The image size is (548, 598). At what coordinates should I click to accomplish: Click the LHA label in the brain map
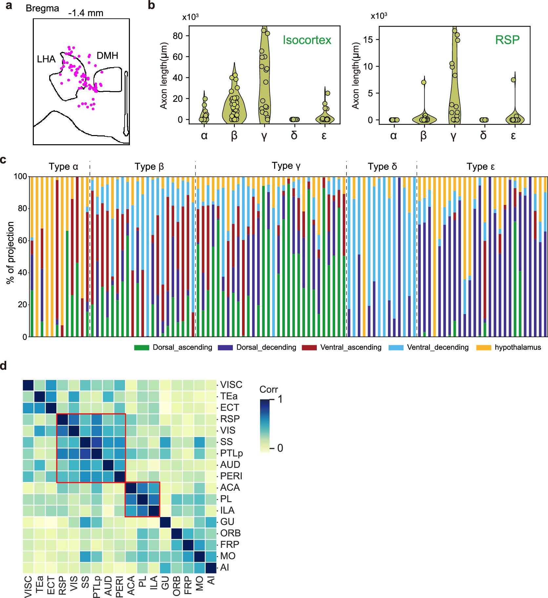click(x=46, y=59)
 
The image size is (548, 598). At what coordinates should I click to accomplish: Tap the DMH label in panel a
click(x=107, y=55)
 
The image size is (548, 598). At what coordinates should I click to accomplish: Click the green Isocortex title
click(x=307, y=40)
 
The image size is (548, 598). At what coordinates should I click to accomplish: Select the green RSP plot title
click(x=507, y=40)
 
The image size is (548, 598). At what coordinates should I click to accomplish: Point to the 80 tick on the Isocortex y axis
click(x=177, y=36)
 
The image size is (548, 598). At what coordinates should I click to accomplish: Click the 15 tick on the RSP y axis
click(x=369, y=40)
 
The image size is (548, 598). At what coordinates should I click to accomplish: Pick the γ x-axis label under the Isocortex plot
click(x=264, y=135)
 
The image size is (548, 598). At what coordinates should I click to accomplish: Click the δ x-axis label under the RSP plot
click(x=483, y=135)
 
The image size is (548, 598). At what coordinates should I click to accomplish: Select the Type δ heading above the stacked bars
click(x=382, y=167)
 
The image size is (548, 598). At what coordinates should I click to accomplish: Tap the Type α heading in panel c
click(x=63, y=167)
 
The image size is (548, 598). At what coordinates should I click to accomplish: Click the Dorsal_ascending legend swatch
click(x=141, y=348)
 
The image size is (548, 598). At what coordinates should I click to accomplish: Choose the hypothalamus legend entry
click(x=518, y=347)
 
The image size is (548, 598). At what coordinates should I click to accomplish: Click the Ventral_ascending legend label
click(x=351, y=347)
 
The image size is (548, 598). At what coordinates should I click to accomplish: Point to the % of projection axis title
click(x=10, y=252)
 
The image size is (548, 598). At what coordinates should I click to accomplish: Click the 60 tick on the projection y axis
click(x=20, y=240)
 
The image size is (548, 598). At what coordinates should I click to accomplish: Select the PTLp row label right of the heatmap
click(x=231, y=453)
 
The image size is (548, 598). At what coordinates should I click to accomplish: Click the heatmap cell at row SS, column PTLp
click(x=97, y=442)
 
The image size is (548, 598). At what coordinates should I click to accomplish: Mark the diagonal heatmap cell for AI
click(x=211, y=568)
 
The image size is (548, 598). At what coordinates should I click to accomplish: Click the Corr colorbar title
click(x=268, y=389)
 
